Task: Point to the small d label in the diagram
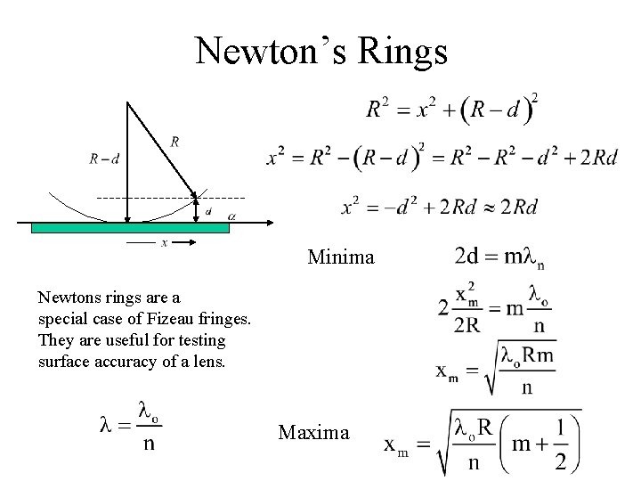[x=207, y=212]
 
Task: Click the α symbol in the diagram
[x=231, y=215]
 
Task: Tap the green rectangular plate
[x=131, y=227]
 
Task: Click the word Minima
[x=341, y=258]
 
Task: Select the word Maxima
[x=314, y=433]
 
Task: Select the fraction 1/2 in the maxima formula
[x=558, y=445]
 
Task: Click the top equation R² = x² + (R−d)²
[x=452, y=110]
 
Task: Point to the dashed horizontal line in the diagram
[x=169, y=196]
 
